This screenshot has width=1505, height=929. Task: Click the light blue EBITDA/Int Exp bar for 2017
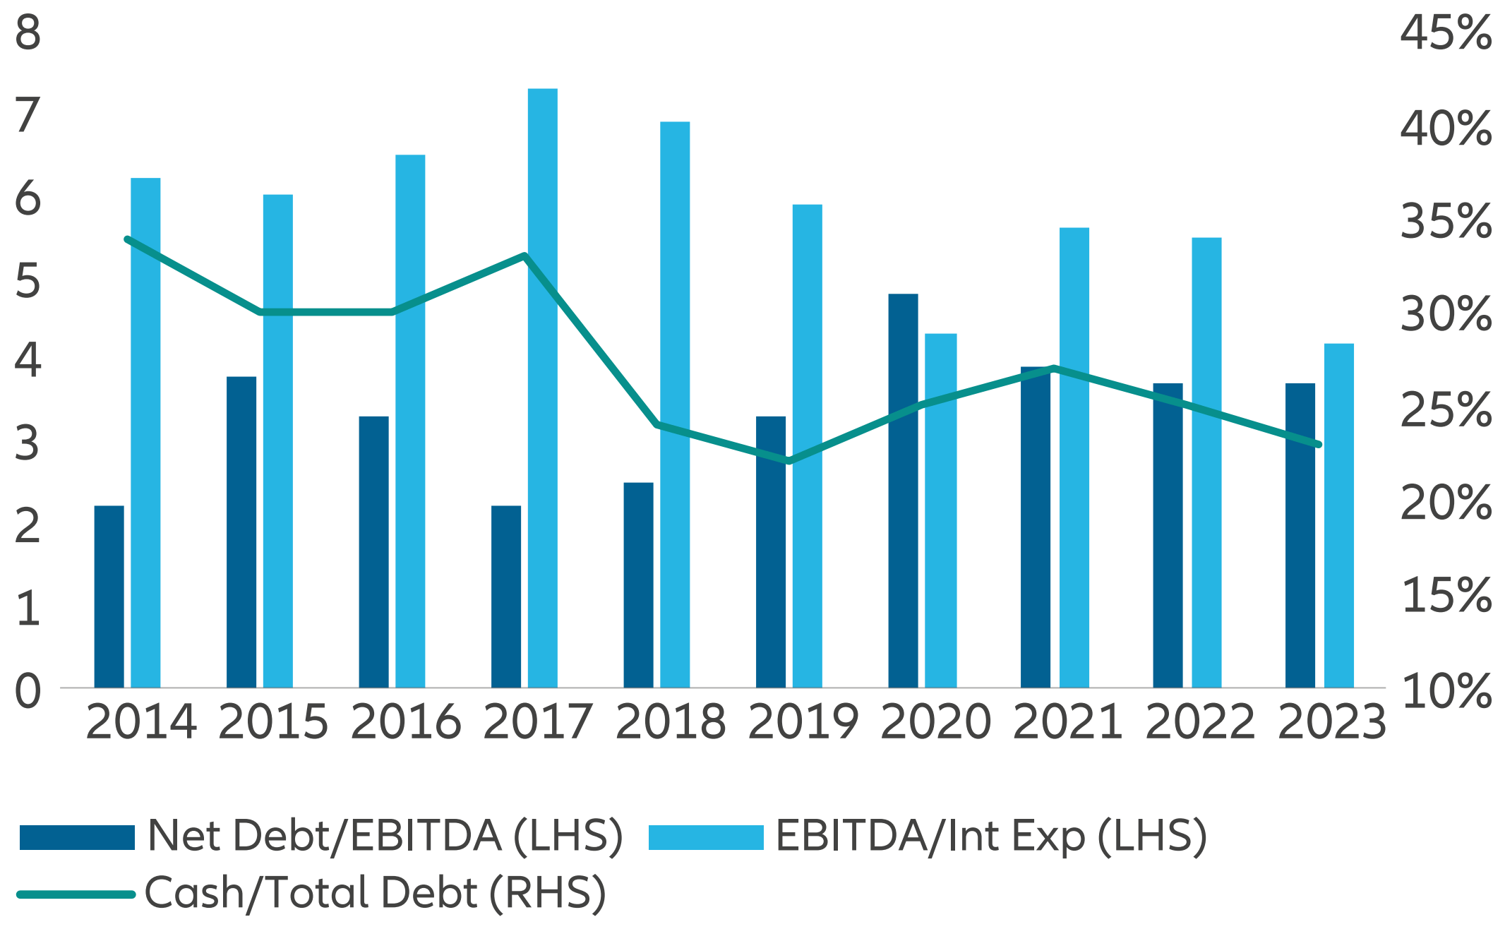(542, 388)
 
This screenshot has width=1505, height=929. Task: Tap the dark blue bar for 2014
(109, 597)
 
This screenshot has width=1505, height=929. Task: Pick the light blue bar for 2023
(1338, 515)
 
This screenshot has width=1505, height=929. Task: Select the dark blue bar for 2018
(638, 585)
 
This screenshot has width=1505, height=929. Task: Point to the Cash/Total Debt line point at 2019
(789, 461)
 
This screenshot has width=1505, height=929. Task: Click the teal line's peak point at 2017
(525, 256)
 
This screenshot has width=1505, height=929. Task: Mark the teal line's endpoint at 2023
(1318, 444)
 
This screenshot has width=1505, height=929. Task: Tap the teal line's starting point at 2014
(127, 239)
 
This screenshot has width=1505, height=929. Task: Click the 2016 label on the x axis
(405, 722)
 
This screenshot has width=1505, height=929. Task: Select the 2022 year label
(1200, 722)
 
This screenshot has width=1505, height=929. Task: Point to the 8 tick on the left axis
(28, 32)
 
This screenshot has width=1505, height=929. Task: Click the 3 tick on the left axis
(28, 444)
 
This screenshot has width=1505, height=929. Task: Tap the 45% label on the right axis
(1446, 33)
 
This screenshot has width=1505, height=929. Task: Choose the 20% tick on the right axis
(1446, 503)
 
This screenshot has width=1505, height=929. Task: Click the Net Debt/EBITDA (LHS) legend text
(385, 837)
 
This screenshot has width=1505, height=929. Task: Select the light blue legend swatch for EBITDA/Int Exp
(705, 837)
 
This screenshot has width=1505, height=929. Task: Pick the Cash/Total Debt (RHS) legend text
(375, 893)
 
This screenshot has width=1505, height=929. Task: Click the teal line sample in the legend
(76, 894)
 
